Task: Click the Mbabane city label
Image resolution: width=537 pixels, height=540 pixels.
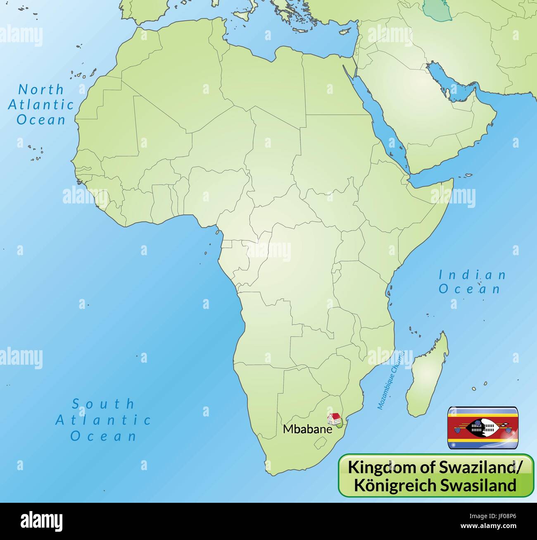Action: (x=307, y=429)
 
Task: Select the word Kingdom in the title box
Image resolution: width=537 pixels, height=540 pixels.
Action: (x=375, y=467)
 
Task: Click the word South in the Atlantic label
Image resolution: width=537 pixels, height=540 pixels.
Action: (x=103, y=404)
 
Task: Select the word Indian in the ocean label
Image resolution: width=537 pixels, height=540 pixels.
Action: (x=472, y=275)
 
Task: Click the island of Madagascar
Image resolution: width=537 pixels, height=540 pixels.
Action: (x=428, y=376)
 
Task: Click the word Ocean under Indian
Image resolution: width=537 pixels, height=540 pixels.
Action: (x=470, y=289)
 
